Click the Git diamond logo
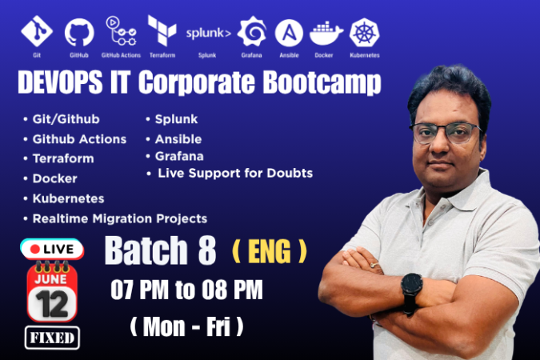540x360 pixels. click(37, 31)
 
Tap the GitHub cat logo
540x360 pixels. click(79, 32)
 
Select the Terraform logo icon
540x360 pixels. click(162, 30)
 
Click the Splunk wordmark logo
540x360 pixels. click(208, 33)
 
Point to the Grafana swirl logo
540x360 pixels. click(252, 31)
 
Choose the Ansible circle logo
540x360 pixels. click(289, 33)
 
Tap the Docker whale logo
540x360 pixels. click(326, 34)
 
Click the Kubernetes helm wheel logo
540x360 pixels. click(364, 32)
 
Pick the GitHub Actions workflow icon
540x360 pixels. click(121, 31)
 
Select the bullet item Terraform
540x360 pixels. click(63, 158)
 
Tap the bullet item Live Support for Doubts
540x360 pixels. click(235, 173)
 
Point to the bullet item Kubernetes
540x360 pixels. click(68, 198)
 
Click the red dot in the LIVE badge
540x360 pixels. click(34, 249)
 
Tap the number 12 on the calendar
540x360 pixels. click(52, 304)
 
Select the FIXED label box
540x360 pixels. click(52, 338)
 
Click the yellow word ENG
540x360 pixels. click(270, 252)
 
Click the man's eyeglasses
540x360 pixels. click(446, 133)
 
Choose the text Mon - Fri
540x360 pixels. click(186, 326)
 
